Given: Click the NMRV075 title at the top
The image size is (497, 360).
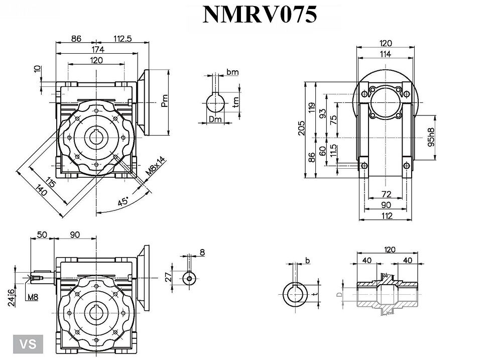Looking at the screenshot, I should (260, 15).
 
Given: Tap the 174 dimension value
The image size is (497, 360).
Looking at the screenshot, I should (98, 49).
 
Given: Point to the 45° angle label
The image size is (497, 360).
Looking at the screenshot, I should (122, 201).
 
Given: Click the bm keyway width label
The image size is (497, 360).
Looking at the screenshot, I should (232, 72).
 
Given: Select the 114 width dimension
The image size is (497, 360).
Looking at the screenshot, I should (386, 54).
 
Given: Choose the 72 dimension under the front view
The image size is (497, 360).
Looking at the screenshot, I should (386, 194).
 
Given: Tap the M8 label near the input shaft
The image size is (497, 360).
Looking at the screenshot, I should (33, 297).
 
